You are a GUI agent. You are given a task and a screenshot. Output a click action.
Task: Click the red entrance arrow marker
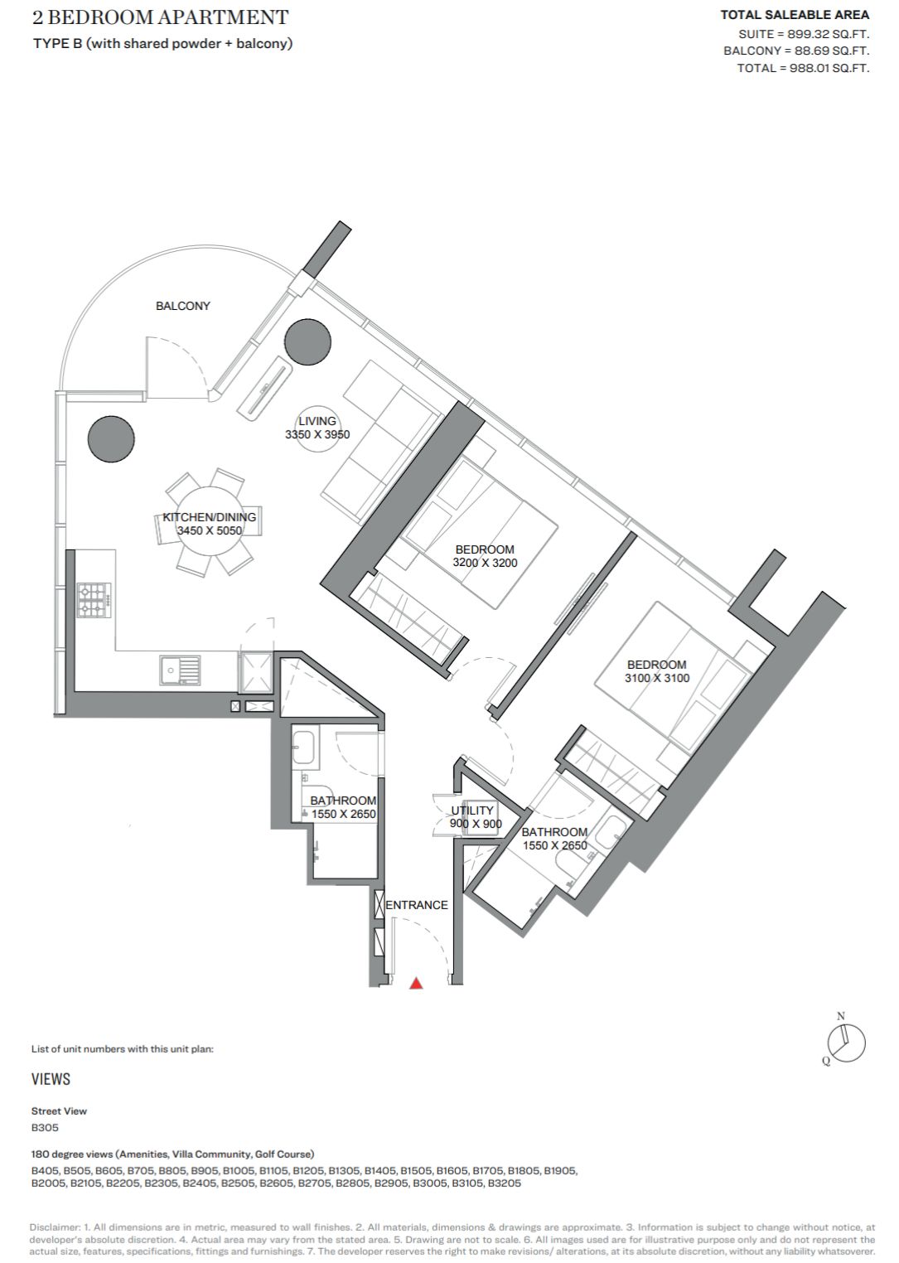(416, 984)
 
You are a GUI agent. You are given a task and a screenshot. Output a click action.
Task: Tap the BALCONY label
(182, 306)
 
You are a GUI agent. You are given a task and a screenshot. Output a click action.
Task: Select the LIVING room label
(317, 421)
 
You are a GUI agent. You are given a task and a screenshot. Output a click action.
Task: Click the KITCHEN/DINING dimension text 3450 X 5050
(210, 530)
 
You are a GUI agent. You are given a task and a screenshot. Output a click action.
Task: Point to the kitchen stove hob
(94, 601)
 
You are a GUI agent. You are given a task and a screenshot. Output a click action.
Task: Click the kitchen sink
(180, 670)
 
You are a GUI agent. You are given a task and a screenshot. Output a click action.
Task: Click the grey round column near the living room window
(307, 342)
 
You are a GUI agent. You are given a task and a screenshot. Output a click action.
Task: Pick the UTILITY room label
(472, 811)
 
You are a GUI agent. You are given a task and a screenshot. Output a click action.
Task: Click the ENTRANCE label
(417, 905)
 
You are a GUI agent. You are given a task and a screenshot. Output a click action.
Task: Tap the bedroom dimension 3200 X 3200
(486, 563)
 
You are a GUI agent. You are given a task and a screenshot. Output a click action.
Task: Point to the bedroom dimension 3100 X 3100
(657, 678)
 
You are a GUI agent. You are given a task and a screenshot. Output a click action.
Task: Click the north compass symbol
(845, 1043)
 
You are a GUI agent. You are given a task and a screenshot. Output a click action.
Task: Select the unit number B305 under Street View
(45, 1128)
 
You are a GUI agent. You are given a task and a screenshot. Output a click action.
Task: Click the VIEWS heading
(51, 1079)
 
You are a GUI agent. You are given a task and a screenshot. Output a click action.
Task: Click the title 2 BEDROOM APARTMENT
(161, 18)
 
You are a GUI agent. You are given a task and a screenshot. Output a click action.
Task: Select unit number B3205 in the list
(505, 1183)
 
